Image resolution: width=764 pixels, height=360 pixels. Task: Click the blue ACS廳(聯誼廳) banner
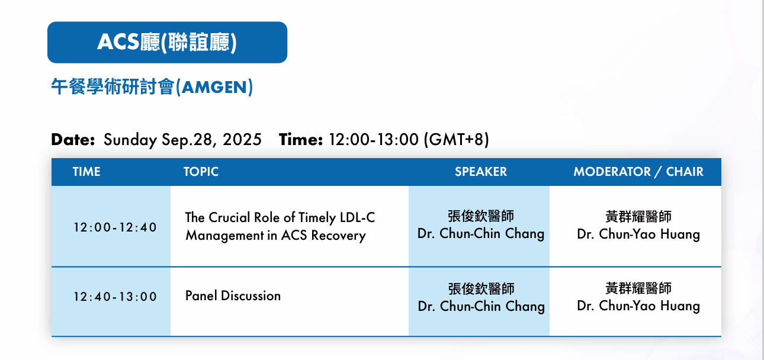point(167,42)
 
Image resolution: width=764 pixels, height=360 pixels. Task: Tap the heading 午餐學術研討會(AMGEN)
point(152,87)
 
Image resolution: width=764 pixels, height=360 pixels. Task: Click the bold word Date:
point(73,139)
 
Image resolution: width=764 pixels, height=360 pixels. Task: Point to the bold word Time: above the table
point(301,139)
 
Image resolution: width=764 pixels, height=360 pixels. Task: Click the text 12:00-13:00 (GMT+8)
point(409,140)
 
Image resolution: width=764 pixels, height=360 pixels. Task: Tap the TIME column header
point(86,172)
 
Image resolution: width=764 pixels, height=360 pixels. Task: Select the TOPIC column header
point(201,172)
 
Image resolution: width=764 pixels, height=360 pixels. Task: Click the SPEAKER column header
point(481,172)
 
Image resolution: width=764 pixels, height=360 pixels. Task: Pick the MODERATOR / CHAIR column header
point(638,172)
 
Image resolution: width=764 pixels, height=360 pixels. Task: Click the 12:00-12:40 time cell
point(115,227)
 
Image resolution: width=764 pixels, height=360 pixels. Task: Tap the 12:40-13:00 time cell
point(115,297)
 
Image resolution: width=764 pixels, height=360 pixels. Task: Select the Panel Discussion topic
point(233,295)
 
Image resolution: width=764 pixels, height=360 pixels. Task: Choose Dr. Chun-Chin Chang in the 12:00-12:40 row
point(481,234)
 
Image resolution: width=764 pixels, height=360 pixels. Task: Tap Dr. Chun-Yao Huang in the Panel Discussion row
point(638,306)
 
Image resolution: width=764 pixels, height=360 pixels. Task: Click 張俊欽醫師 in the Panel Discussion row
point(481,289)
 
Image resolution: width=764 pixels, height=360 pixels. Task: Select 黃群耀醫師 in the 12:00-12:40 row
point(638,217)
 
